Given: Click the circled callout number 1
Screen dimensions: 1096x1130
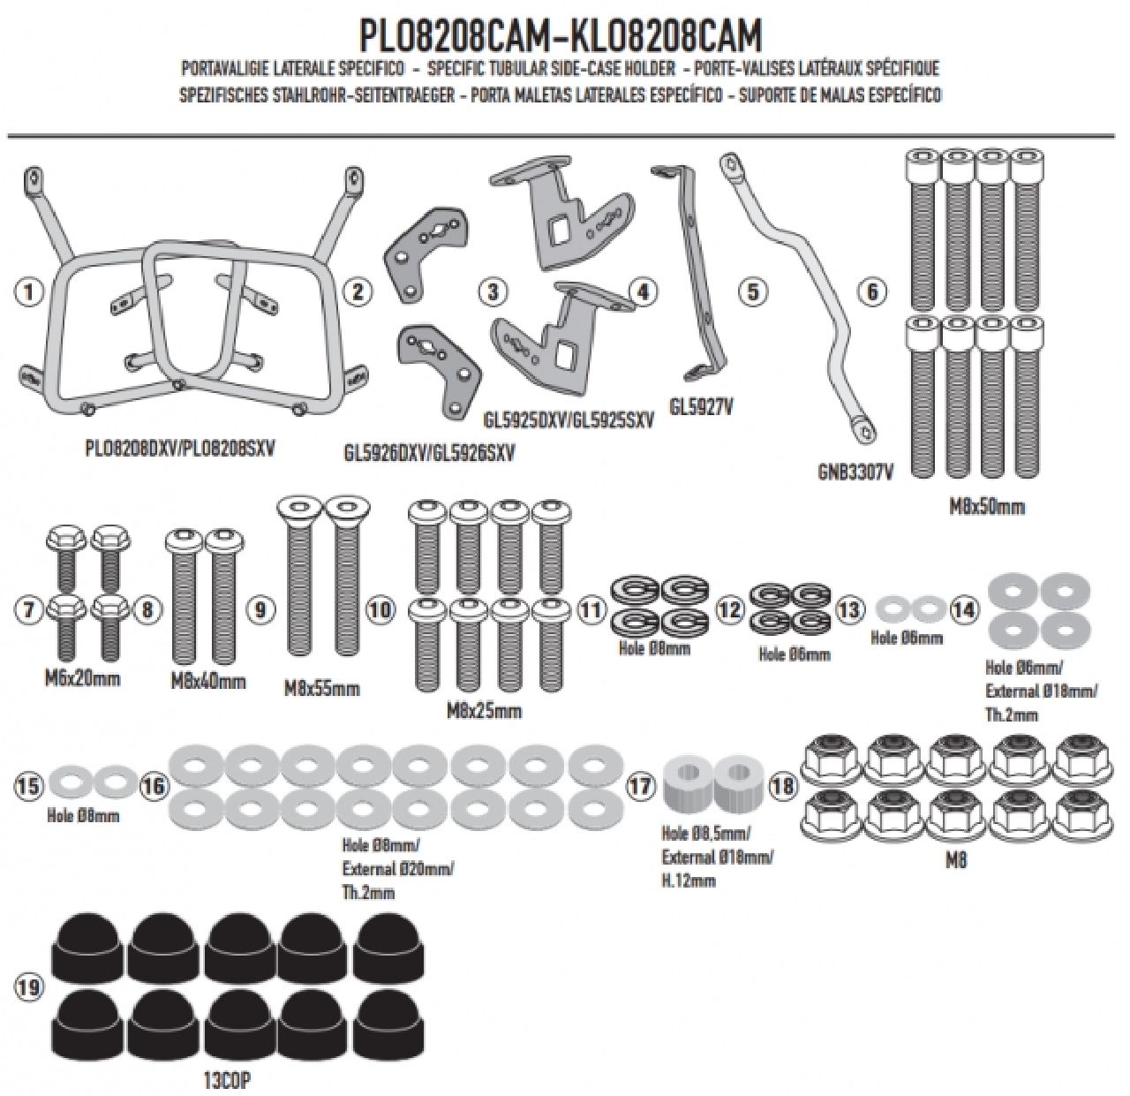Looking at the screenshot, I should click(x=30, y=291).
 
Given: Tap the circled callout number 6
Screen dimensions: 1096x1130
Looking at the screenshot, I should click(x=872, y=291).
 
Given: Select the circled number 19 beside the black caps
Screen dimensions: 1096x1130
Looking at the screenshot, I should click(x=29, y=986).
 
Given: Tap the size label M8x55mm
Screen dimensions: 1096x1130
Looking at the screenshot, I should click(x=321, y=688).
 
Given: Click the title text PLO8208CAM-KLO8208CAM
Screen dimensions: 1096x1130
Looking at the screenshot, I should click(x=561, y=35).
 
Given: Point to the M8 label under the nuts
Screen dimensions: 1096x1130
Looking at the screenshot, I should click(x=956, y=859).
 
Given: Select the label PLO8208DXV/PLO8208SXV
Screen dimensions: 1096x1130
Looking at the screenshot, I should click(x=181, y=448).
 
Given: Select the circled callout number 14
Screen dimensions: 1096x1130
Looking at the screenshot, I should click(x=965, y=608).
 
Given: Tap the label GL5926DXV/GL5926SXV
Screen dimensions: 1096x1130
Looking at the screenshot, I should click(x=429, y=454).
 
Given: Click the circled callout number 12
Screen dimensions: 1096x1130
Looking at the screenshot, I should click(x=729, y=608).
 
